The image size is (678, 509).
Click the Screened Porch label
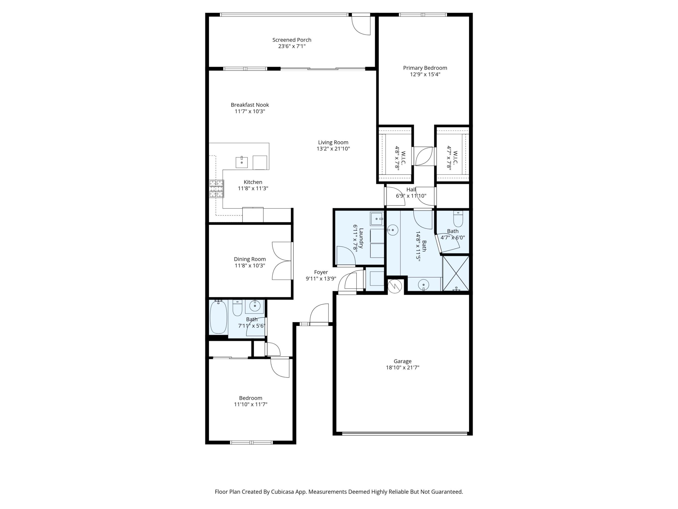(x=291, y=40)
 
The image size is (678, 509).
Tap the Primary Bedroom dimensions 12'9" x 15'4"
(x=425, y=74)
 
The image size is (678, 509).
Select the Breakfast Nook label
(x=250, y=105)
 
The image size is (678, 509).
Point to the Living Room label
(x=333, y=142)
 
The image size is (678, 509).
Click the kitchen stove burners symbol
(x=216, y=189)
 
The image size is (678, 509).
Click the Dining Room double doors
(x=282, y=261)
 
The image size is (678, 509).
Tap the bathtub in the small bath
(x=218, y=317)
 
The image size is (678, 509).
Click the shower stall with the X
(x=456, y=273)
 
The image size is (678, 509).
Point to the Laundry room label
(x=361, y=238)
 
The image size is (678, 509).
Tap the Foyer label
(x=321, y=272)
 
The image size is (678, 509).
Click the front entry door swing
(x=320, y=314)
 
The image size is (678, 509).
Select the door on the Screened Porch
(x=361, y=25)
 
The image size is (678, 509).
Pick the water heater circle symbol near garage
(x=395, y=286)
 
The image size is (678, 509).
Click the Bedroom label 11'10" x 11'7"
(x=250, y=398)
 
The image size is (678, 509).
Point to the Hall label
(x=411, y=190)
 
